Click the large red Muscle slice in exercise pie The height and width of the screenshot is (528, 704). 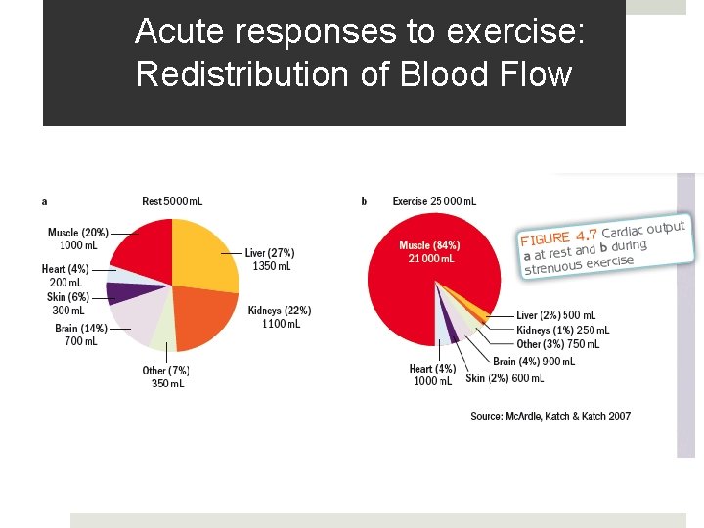pos(411,293)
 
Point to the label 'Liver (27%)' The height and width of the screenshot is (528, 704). pos(270,253)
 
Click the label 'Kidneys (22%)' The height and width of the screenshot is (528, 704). pos(280,311)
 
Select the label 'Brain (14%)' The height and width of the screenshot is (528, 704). pos(81,329)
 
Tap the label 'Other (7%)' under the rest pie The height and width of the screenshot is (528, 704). pos(166,371)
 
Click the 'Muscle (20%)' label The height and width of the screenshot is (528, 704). pos(78,233)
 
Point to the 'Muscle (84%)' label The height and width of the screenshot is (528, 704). pos(429,245)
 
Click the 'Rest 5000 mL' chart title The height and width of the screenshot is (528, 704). pos(172,201)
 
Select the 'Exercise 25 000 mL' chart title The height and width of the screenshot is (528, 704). pos(434,201)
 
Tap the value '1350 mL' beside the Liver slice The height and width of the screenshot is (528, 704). pos(271,266)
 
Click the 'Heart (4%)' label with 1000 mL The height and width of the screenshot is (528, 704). pos(432,369)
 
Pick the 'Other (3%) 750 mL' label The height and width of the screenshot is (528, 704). pos(557,344)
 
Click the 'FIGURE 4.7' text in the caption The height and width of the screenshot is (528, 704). pos(558,237)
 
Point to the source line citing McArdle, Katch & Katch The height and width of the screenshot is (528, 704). pos(550,417)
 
